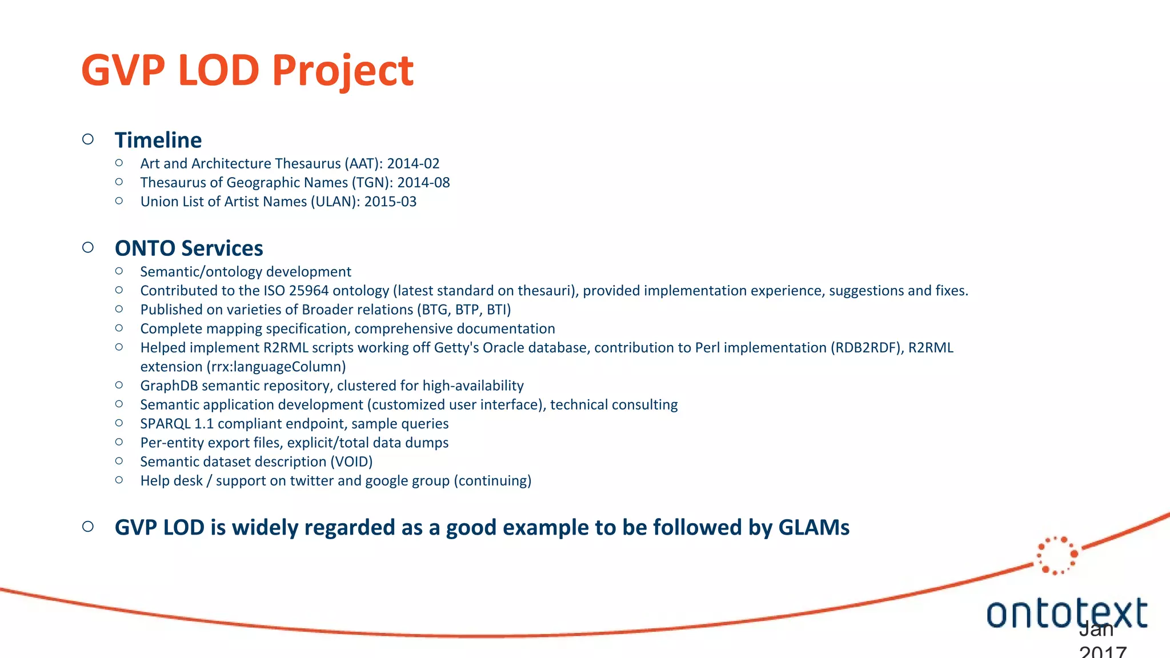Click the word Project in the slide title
tap(342, 71)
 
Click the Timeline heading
tap(158, 140)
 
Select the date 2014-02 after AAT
tap(413, 163)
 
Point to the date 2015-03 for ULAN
tap(390, 202)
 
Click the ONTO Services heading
tap(189, 248)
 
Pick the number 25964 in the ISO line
tap(308, 291)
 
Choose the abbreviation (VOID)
tap(351, 462)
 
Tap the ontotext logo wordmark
tap(1066, 613)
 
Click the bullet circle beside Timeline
tap(88, 139)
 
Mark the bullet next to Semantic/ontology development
tap(119, 271)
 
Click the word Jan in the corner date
tap(1096, 629)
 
